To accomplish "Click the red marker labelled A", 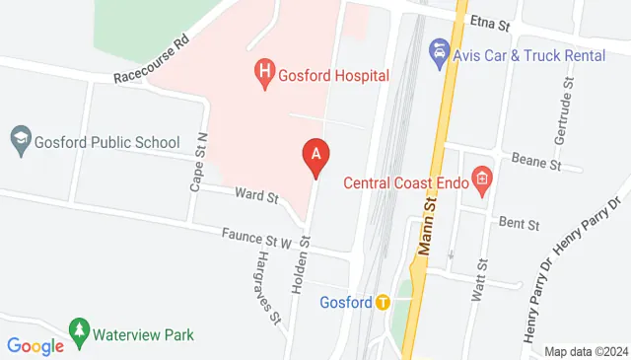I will tap(315, 155).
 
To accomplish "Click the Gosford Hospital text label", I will tap(333, 75).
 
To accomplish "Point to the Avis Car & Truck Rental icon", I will tap(440, 49).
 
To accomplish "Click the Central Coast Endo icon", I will tap(482, 179).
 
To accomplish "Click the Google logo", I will tap(35, 345).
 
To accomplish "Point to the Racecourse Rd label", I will tap(151, 61).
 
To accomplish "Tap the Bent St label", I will tap(519, 224).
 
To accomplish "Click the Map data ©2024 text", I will tap(586, 351).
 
